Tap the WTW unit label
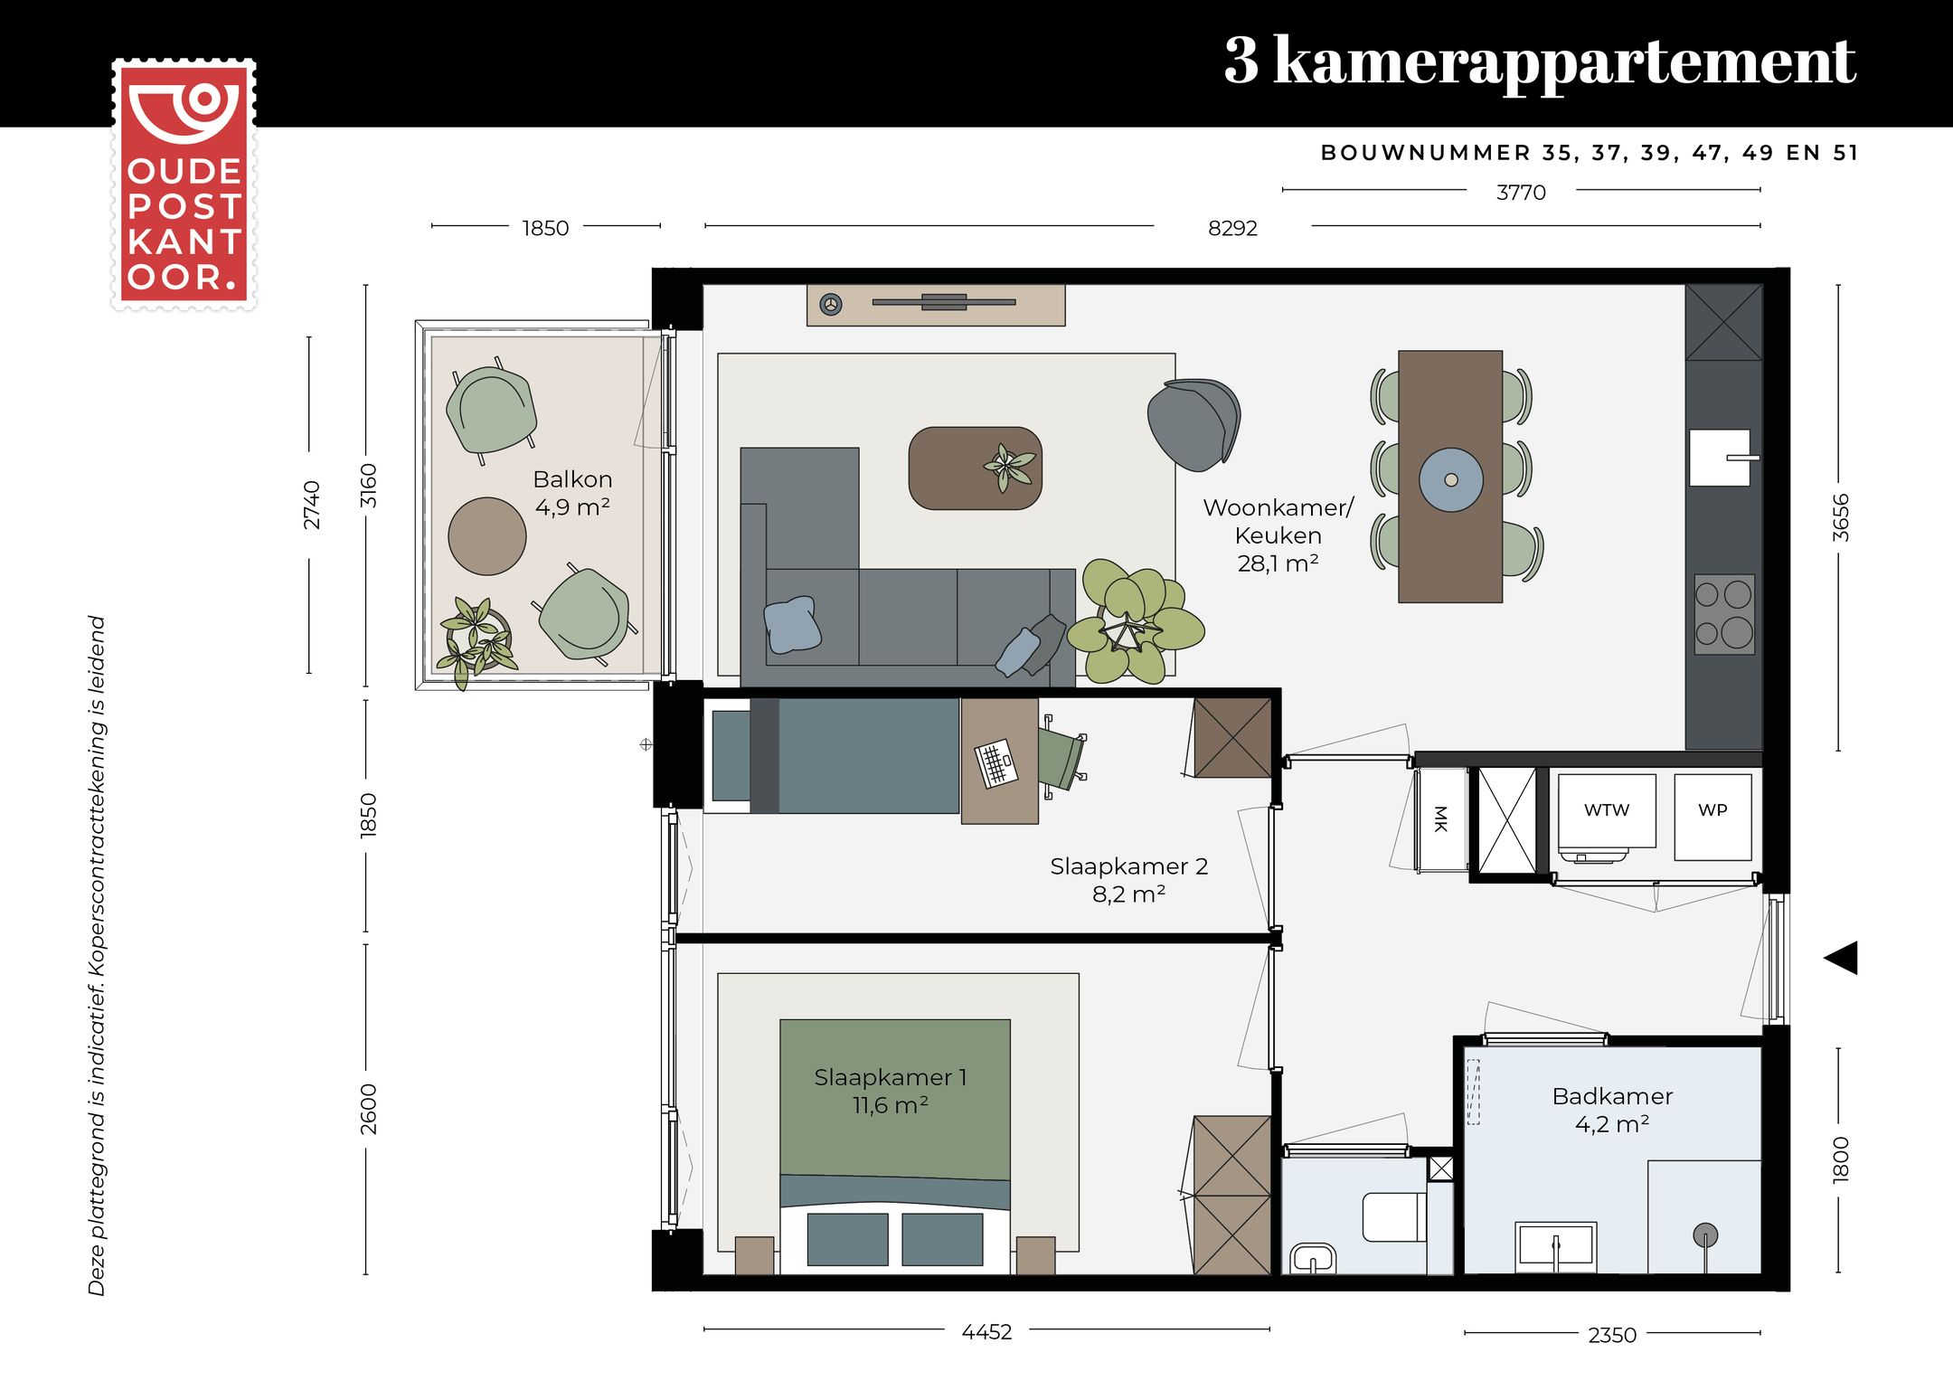tap(1607, 810)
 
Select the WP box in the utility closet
tap(1712, 815)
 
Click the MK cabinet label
tap(1441, 819)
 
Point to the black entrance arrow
tap(1842, 958)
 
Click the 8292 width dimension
tap(1232, 228)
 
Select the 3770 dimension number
tap(1521, 193)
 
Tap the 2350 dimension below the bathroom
tap(1612, 1335)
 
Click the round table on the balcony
tap(487, 536)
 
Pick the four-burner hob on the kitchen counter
tap(1724, 614)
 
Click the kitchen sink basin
tap(1720, 458)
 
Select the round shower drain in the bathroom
tap(1705, 1235)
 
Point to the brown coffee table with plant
tap(975, 468)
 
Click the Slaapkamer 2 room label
tap(1128, 866)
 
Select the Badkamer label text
tap(1612, 1097)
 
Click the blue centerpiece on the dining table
tap(1450, 480)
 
